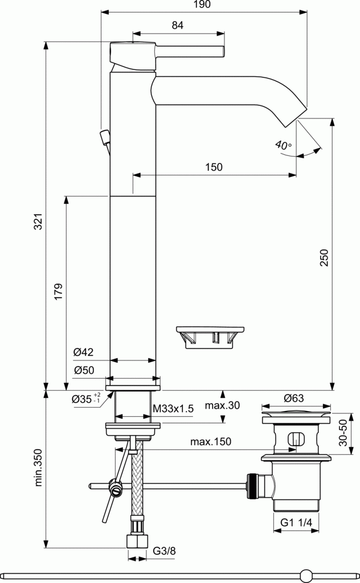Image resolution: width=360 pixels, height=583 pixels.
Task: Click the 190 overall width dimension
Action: [202, 5]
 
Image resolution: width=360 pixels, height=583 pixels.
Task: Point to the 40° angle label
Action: [283, 145]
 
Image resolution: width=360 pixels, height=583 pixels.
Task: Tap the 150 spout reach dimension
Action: [214, 167]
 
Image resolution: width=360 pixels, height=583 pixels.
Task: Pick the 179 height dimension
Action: [58, 293]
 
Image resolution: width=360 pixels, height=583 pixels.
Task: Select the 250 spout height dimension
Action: [324, 258]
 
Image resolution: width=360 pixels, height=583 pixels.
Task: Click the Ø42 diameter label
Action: [83, 352]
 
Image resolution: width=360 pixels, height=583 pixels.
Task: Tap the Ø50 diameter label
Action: [83, 370]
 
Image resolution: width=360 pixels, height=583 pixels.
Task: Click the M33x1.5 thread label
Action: [174, 408]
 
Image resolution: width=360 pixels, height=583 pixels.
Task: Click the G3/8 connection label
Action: [163, 552]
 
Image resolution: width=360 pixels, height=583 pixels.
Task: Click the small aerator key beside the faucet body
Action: [210, 335]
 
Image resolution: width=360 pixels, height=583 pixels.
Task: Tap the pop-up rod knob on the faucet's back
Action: [105, 137]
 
